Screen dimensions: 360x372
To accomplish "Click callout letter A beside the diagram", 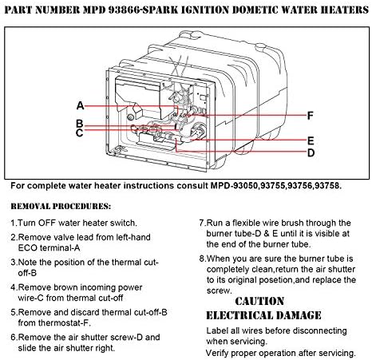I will tap(81, 105).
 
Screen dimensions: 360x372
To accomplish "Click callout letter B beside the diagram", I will tap(80, 124).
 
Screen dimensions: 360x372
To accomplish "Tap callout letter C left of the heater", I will tap(80, 133).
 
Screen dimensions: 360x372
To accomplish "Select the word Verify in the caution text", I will tap(220, 352).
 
